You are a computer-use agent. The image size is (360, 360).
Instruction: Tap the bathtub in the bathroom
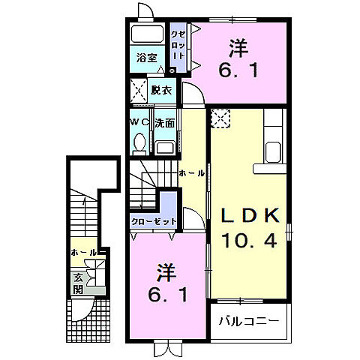point(147,35)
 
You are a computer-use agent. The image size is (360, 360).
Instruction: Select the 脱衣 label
point(160,90)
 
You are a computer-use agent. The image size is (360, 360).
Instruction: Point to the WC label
point(139,121)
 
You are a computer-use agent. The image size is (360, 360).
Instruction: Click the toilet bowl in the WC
point(140,142)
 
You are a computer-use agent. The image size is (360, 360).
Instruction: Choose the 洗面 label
point(166,121)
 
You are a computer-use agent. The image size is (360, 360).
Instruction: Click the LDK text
point(250,214)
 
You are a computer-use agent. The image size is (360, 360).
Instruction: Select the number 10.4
point(250,241)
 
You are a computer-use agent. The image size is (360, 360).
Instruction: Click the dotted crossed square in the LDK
point(222,118)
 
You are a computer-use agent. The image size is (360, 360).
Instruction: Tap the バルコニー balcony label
point(249,321)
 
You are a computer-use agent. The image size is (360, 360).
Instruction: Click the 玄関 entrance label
point(79,283)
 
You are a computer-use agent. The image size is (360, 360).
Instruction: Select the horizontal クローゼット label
point(154,221)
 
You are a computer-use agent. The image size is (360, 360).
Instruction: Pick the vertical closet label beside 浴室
point(178,46)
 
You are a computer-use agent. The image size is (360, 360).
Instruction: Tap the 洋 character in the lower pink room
point(166,270)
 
